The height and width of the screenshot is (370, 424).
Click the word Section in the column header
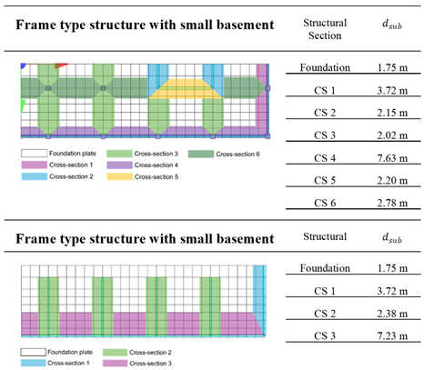(x=318, y=36)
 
